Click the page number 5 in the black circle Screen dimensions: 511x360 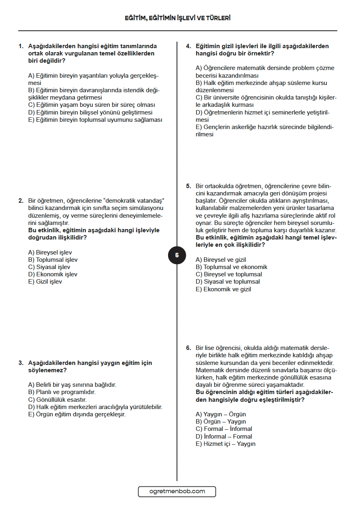(177, 255)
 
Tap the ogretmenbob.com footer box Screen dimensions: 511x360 (177, 492)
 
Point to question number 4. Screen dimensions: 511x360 (188, 46)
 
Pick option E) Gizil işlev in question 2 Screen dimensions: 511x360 (45, 282)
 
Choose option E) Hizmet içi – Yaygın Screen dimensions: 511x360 (226, 444)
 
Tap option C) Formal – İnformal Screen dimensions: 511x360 (224, 429)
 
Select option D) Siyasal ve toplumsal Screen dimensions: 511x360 (228, 282)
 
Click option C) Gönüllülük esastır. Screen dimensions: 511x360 (57, 399)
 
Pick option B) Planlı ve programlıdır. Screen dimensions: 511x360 (62, 392)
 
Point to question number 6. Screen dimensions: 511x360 (188, 348)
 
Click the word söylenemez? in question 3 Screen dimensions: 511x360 (47, 370)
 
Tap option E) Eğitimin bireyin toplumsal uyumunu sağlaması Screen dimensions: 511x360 (95, 120)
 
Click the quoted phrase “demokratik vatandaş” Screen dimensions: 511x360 (136, 201)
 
